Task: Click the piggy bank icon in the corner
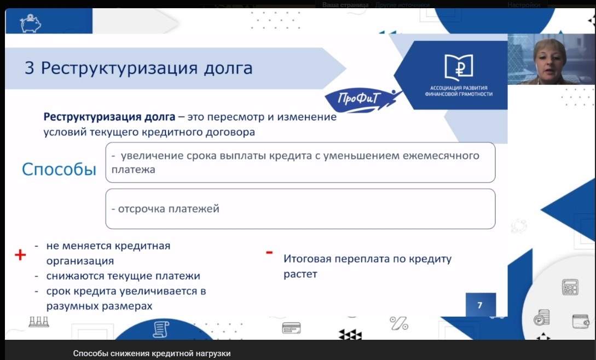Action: click(x=31, y=24)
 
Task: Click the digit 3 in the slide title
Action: click(x=30, y=68)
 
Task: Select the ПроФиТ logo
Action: click(x=358, y=100)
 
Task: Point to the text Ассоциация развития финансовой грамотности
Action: click(x=459, y=91)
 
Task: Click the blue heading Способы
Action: click(x=59, y=170)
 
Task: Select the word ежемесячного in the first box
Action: click(x=441, y=155)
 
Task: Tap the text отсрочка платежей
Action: click(x=165, y=208)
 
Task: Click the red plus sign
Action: click(x=20, y=255)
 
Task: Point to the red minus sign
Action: click(x=269, y=252)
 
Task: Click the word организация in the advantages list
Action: click(x=80, y=261)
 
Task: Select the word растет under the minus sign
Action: click(x=300, y=274)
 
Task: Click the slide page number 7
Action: click(x=479, y=305)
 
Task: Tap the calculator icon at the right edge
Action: click(x=570, y=287)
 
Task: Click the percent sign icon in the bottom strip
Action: click(x=399, y=323)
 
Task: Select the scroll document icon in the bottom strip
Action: click(x=161, y=329)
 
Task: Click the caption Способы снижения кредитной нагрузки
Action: click(x=152, y=353)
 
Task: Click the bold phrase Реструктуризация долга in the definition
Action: click(x=109, y=117)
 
